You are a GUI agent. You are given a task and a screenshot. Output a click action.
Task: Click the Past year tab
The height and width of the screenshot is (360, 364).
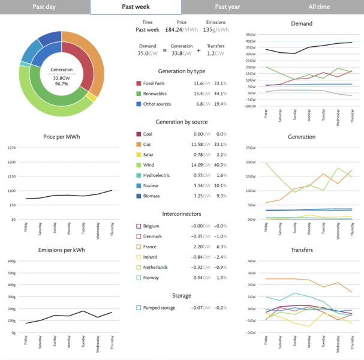[x=227, y=7]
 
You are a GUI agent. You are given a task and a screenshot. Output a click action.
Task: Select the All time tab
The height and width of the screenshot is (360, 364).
[x=318, y=7]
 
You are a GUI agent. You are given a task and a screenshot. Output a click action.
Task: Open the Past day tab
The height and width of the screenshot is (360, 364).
[x=45, y=7]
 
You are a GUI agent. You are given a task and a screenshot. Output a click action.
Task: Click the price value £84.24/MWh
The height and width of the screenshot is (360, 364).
[x=181, y=29]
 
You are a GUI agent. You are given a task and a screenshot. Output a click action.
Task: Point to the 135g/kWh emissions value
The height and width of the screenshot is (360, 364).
[x=215, y=29]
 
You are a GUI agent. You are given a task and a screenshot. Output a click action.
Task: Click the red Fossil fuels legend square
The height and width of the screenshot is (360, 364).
[x=139, y=83]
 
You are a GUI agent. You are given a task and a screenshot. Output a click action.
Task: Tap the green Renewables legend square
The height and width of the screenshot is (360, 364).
[x=139, y=94]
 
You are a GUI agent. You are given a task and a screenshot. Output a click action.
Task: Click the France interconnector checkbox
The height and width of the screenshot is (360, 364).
[x=139, y=246]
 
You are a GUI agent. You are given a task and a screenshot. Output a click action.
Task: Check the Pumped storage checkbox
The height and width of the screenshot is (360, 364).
[x=139, y=307]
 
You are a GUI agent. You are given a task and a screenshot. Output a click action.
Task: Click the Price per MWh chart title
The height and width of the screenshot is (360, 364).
[x=61, y=137]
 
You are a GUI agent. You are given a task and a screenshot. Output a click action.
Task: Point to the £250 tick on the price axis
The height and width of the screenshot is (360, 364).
[x=11, y=148]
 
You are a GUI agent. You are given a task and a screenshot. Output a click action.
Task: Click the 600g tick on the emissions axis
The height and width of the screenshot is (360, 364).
[x=11, y=261]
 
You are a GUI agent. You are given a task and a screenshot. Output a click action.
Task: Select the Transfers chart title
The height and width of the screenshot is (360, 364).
[x=302, y=250]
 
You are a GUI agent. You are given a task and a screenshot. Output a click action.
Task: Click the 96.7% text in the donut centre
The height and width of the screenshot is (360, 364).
[x=61, y=84]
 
